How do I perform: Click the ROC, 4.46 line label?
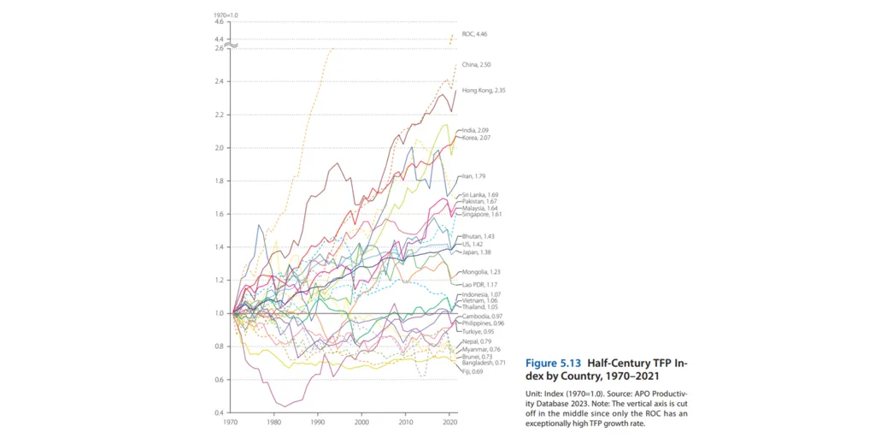pyautogui.click(x=475, y=34)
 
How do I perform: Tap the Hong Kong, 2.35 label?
pyautogui.click(x=480, y=90)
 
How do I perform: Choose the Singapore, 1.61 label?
pyautogui.click(x=479, y=215)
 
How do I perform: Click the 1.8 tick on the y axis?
pyautogui.click(x=218, y=181)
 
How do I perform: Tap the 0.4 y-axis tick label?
pyautogui.click(x=218, y=413)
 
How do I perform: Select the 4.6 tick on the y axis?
pyautogui.click(x=218, y=21)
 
